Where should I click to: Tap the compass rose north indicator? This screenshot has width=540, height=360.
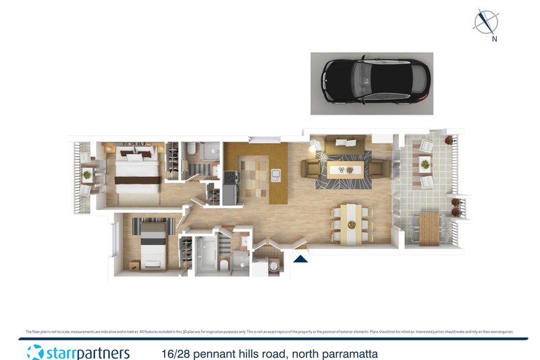485,22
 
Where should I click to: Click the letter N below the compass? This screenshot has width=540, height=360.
495,39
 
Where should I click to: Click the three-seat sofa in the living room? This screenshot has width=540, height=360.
346,144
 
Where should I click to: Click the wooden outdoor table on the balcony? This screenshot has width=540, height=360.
429,228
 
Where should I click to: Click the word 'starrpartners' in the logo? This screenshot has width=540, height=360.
88,353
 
